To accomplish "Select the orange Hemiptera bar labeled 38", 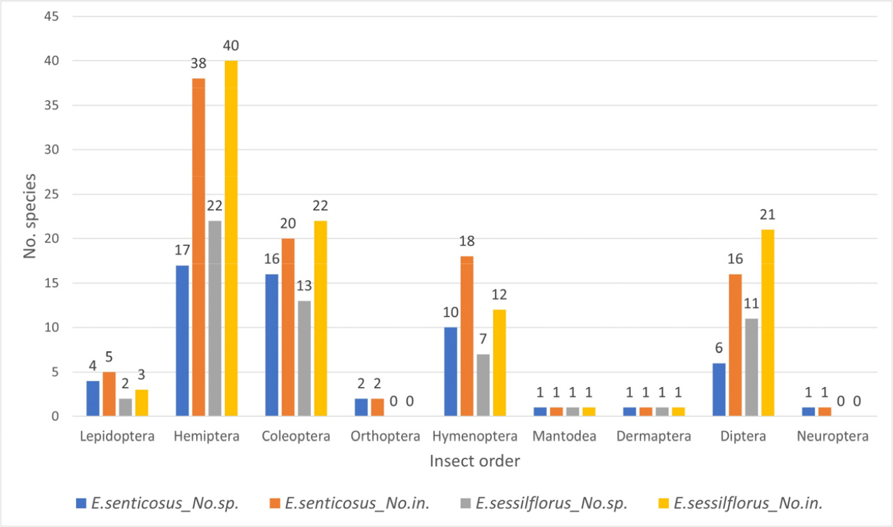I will [x=198, y=247].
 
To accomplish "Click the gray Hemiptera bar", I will [x=214, y=319].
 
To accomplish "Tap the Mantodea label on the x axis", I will [x=565, y=437].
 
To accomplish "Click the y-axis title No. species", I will [x=29, y=217].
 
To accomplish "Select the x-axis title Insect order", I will [x=475, y=461].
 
